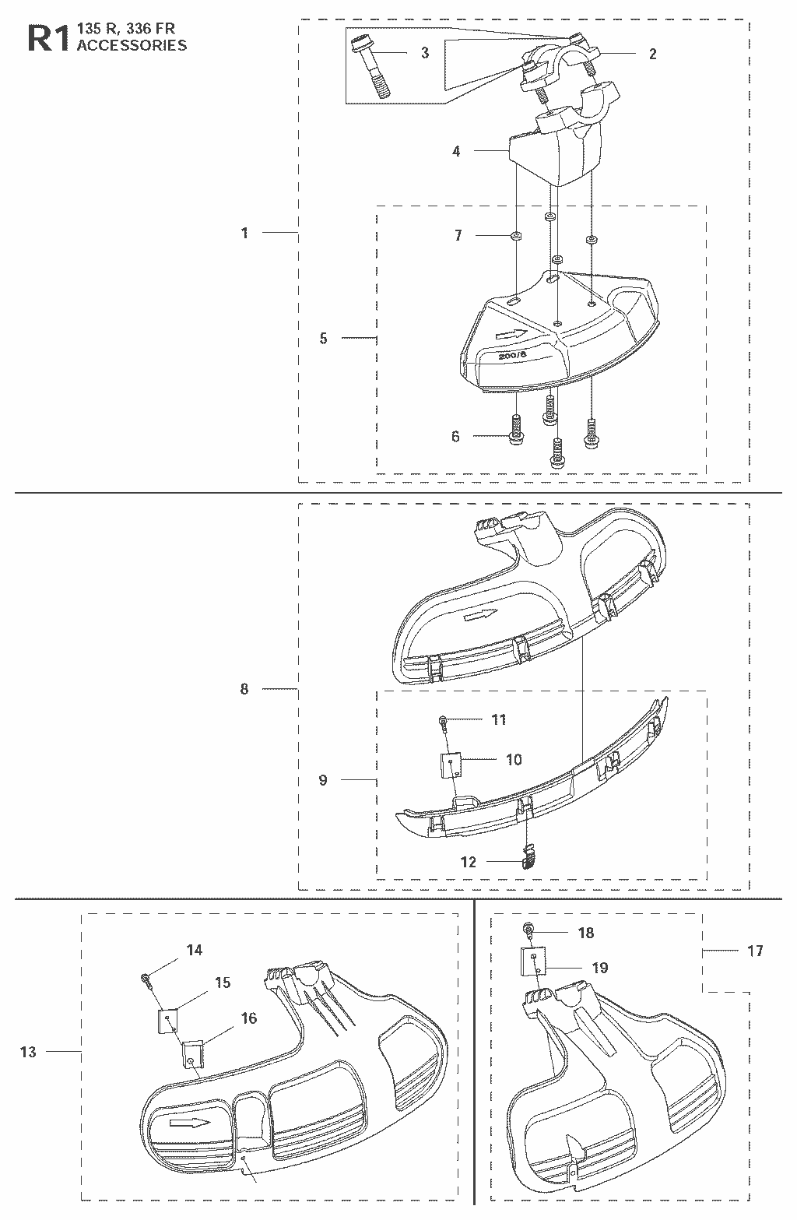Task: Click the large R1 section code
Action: coord(48,39)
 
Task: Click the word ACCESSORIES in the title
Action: coord(132,45)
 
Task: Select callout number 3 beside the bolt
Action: coord(425,53)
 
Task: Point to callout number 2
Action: coord(653,54)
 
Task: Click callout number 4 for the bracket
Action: coord(456,151)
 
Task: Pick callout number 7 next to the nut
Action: coord(458,235)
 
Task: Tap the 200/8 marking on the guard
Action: coord(512,356)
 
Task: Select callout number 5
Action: coord(323,338)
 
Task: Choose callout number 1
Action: coord(244,233)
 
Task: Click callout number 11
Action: coord(499,719)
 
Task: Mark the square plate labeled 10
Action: coord(451,765)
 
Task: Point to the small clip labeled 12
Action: coord(528,856)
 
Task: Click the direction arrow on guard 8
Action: coord(481,615)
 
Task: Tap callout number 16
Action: coord(249,1018)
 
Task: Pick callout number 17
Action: coord(755,951)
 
